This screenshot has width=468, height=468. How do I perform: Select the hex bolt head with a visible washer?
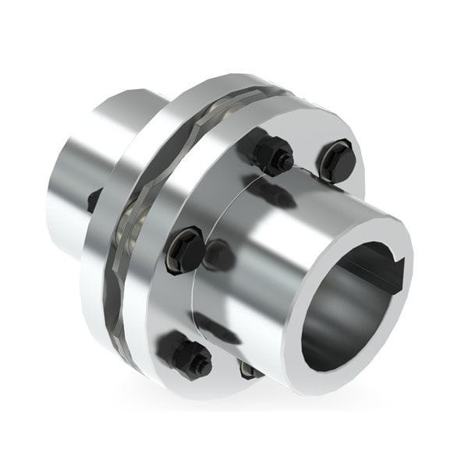tap(186, 249)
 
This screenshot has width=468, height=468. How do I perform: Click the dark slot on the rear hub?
tap(94, 200)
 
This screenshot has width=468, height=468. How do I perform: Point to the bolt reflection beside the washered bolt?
tap(219, 255)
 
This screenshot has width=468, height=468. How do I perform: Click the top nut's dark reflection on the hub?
tap(269, 191)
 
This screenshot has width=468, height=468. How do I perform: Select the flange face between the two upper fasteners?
tap(308, 140)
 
